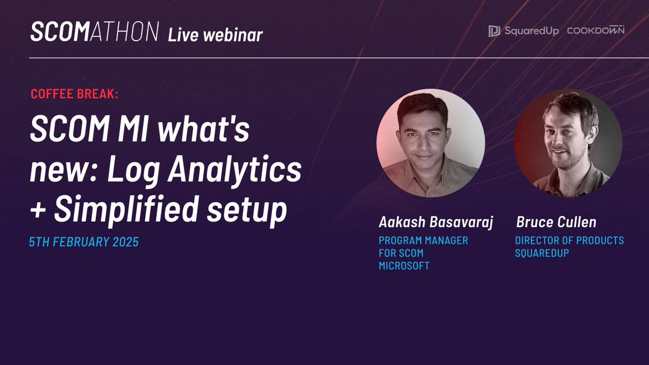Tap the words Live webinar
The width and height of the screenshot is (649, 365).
(x=215, y=35)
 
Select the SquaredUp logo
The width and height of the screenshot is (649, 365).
(x=524, y=31)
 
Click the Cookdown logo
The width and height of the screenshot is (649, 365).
(x=595, y=31)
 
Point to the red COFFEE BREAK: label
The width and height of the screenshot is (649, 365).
(x=74, y=94)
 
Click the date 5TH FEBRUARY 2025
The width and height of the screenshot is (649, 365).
(x=84, y=242)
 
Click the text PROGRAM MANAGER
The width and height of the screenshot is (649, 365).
(x=423, y=241)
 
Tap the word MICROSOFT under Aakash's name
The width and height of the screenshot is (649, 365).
(x=404, y=266)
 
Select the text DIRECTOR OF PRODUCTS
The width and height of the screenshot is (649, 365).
(x=569, y=241)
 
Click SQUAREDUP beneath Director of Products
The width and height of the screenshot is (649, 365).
(x=541, y=253)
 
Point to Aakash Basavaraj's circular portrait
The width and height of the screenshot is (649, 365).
(x=431, y=143)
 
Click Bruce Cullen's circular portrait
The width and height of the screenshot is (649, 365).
(x=568, y=143)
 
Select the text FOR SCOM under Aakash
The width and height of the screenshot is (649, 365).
(x=401, y=253)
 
